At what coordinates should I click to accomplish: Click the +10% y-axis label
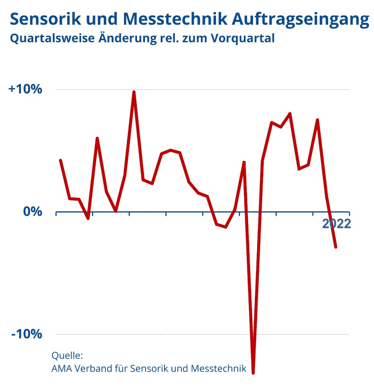click(25, 89)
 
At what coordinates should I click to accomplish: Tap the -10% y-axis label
click(27, 334)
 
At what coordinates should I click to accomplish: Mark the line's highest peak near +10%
click(134, 92)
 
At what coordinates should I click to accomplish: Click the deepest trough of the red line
click(253, 373)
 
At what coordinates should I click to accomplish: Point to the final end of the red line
click(335, 247)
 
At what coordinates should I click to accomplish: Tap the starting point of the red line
click(60, 160)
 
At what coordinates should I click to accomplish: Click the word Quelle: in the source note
click(67, 356)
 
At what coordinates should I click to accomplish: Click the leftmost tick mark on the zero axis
click(56, 213)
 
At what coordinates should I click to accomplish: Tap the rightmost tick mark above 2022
click(349, 213)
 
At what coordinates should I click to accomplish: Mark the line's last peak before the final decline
click(317, 120)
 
